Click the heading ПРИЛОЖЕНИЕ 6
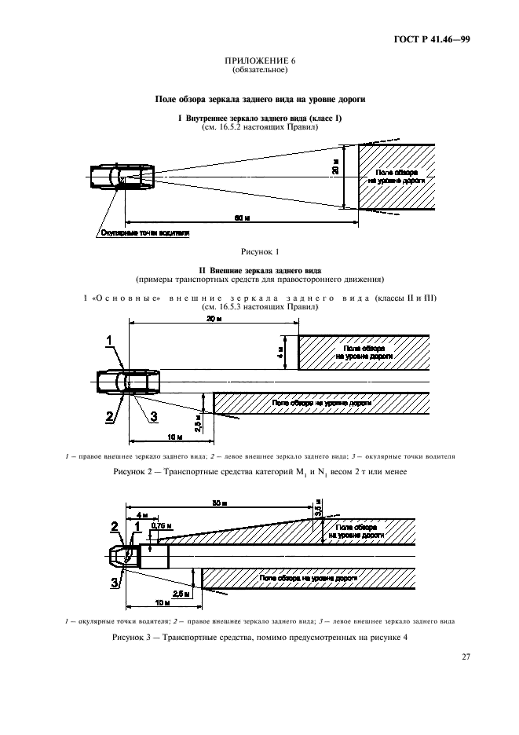pyautogui.click(x=259, y=60)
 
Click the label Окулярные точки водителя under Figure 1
pyautogui.click(x=144, y=233)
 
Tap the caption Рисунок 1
pyautogui.click(x=259, y=251)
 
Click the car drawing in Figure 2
pyautogui.click(x=129, y=382)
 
